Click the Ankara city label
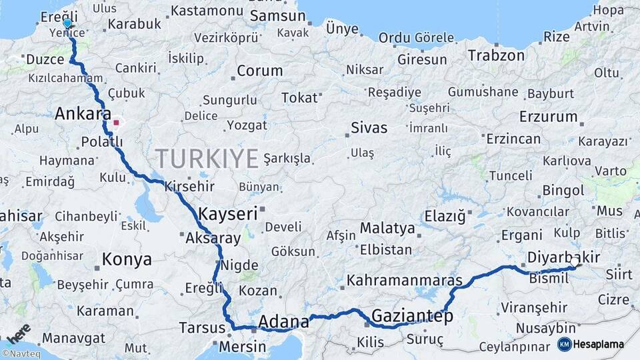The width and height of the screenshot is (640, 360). pos(83,113)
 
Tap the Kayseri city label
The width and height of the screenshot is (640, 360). pos(227,214)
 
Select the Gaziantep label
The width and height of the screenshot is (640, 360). pos(413,315)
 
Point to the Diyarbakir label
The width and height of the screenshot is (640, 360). pos(563,257)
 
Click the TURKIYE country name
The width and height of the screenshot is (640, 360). pos(207,159)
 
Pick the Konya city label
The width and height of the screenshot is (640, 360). pos(127,259)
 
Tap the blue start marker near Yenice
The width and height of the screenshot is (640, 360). pos(67,24)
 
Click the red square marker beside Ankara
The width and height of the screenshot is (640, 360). pos(116,123)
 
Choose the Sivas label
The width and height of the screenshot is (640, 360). pos(369,127)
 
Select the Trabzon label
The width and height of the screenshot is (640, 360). pos(496,55)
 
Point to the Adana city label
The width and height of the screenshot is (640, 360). pos(283,322)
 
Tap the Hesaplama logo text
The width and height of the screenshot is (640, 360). pos(599,345)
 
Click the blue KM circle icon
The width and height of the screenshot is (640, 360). pos(564,345)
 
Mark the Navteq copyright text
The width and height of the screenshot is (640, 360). pos(21,354)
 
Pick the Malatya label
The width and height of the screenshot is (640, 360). pos(387,228)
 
